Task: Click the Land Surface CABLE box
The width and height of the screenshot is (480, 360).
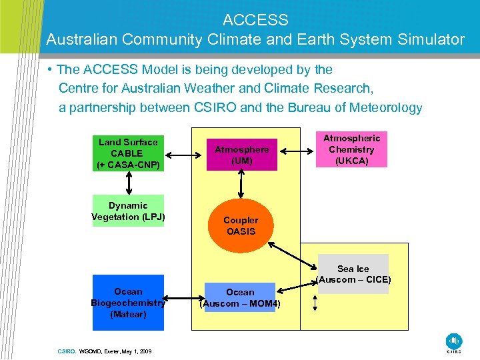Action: click(128, 153)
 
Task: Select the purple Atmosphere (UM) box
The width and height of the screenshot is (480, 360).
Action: click(241, 155)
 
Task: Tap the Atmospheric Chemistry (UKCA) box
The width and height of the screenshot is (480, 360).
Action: click(352, 149)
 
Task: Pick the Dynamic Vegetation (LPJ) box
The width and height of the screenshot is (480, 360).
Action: click(128, 211)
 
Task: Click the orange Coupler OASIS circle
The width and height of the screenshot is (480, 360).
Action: click(241, 226)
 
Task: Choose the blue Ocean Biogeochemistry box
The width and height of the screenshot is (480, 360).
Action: click(128, 303)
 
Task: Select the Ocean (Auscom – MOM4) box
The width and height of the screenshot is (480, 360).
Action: click(240, 298)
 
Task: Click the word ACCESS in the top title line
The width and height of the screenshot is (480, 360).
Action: click(255, 20)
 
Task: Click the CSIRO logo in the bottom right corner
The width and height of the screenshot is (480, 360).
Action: click(453, 341)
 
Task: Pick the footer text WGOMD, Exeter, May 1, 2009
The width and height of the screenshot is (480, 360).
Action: click(115, 350)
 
